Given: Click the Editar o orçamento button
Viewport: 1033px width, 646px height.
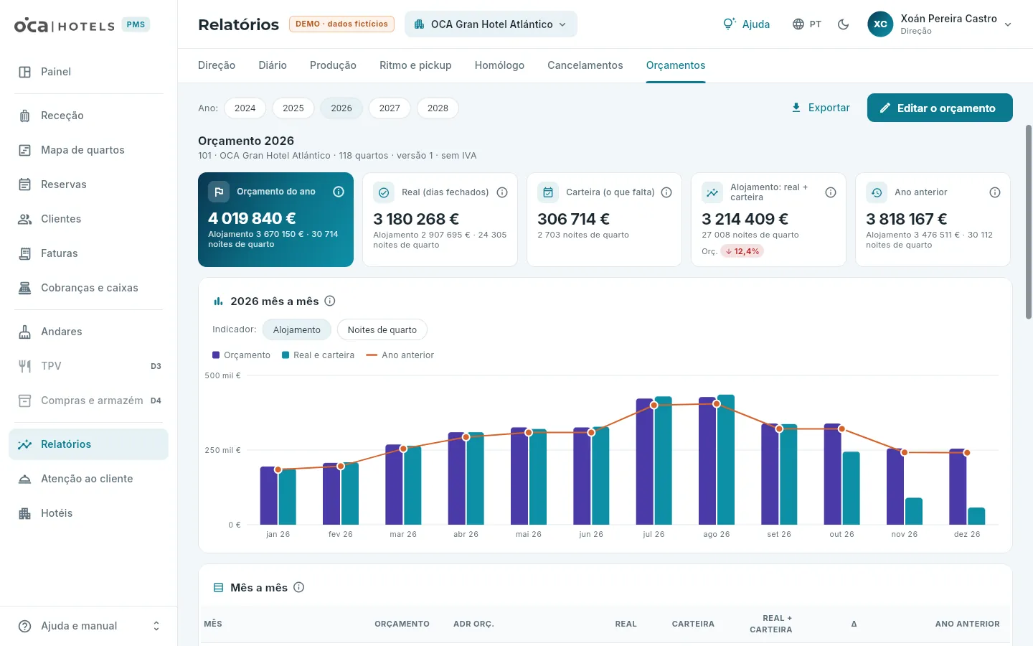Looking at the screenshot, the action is [940, 108].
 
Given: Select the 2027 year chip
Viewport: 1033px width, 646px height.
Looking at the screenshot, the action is [390, 108].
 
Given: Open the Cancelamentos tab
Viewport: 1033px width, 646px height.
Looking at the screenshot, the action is [585, 65].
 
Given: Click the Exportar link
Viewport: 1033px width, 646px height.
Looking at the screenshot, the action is [821, 108].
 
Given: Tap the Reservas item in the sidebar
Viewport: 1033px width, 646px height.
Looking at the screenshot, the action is [64, 184].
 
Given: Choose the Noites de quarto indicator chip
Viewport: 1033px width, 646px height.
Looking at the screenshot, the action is [382, 329].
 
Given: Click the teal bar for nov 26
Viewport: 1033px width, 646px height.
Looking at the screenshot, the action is [914, 511].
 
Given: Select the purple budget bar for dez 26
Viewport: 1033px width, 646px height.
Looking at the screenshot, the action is [958, 487].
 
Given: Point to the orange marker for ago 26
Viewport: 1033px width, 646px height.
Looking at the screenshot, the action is [716, 403].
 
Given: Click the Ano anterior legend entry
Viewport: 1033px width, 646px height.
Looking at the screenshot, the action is [400, 355].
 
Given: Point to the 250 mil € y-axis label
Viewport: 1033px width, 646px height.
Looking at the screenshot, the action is [222, 450].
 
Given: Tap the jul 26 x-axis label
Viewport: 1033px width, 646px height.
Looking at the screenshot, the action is [654, 534].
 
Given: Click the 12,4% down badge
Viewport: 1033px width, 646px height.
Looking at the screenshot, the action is [742, 251].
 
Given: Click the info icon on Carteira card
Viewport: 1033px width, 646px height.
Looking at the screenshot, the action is [666, 192].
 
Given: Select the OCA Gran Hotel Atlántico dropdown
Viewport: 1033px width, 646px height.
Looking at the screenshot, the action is [491, 24].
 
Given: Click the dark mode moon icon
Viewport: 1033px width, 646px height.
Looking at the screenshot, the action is [843, 24].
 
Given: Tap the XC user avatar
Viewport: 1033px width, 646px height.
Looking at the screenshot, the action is [880, 24].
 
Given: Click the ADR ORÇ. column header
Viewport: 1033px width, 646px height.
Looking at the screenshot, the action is [473, 624].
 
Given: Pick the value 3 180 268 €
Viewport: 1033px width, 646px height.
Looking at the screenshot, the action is [416, 219].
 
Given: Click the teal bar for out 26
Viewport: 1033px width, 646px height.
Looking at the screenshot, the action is [851, 488].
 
